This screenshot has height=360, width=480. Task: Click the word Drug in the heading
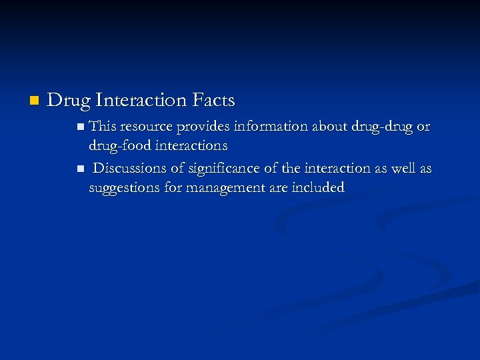click(x=69, y=101)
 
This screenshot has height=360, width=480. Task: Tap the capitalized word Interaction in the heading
click(x=141, y=101)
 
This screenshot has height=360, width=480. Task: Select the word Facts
click(x=213, y=101)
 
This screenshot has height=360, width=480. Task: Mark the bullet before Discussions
click(x=80, y=169)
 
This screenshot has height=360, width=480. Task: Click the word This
click(x=103, y=126)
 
